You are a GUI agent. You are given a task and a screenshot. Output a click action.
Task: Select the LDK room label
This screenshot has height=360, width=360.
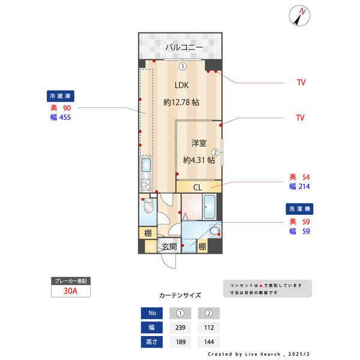[x=182, y=85]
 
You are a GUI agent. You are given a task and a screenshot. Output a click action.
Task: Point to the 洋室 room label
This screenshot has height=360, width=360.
[x=199, y=143]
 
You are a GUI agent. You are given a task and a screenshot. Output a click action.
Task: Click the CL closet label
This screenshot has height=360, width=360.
[x=197, y=188]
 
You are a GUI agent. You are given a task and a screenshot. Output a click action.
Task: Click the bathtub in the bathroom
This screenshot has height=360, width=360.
[x=210, y=206]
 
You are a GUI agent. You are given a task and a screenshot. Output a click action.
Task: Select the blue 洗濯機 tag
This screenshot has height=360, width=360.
[x=299, y=209]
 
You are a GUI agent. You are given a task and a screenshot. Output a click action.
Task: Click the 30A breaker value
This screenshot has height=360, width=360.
[x=71, y=291]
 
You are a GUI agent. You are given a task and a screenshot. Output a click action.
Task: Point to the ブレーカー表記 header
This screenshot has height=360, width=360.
[x=71, y=281]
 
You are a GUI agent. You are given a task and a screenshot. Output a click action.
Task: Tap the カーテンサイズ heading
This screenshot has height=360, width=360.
[x=180, y=295]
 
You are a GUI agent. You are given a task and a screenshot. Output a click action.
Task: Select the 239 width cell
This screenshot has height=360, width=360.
[x=180, y=328]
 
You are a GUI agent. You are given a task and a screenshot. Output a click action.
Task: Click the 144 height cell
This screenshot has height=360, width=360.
[x=209, y=343]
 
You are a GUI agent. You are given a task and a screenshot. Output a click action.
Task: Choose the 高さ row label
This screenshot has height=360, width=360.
[x=151, y=343]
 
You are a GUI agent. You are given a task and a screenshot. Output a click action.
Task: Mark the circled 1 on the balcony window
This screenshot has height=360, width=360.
[x=182, y=66]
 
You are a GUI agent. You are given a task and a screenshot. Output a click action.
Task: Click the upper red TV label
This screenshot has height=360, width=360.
[x=301, y=82]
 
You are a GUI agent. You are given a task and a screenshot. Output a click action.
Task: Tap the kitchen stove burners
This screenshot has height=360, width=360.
[x=146, y=183]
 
